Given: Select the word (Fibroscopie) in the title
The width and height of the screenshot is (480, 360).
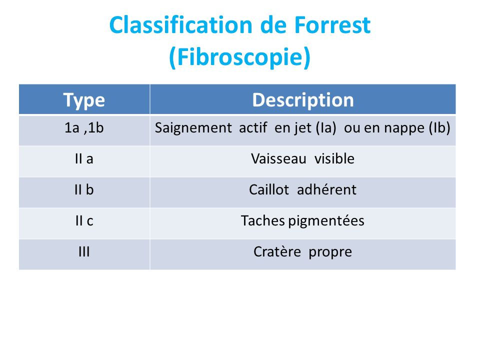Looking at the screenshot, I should (240, 57).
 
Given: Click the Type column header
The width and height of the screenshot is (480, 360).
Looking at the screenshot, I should (84, 100).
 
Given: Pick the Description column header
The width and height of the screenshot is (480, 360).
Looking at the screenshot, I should (303, 100).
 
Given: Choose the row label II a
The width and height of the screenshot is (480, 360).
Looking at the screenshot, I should (84, 159).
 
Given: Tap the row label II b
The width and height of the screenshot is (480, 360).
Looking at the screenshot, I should (84, 190).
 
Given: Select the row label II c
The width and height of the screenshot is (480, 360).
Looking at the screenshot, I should (84, 220).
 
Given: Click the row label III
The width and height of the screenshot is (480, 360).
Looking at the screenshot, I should (84, 251).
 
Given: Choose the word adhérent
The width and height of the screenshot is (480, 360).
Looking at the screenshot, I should (327, 190).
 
